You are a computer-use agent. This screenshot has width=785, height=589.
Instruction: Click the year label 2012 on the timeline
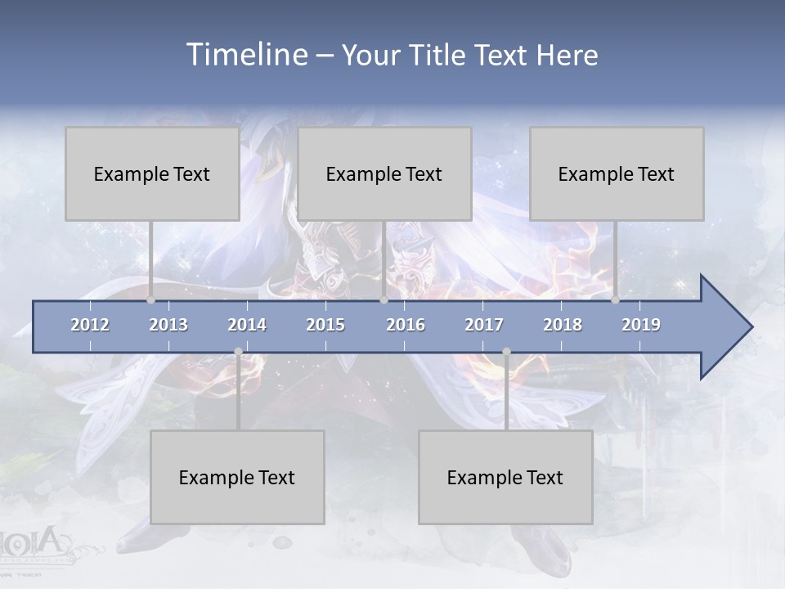tap(90, 325)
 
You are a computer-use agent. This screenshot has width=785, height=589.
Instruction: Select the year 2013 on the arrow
tap(168, 325)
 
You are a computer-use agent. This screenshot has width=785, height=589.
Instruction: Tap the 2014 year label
tap(247, 325)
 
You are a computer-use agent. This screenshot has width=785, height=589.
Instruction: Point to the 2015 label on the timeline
tap(325, 325)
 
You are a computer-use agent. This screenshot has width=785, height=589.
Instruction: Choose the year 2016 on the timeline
tap(406, 325)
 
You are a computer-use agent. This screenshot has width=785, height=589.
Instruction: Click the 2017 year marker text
tap(484, 325)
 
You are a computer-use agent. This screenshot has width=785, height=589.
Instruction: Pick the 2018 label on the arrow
tap(563, 325)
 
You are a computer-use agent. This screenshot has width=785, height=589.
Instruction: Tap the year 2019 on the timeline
tap(641, 325)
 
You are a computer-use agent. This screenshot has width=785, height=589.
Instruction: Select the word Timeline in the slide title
tap(245, 55)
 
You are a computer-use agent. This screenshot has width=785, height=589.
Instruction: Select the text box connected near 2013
tap(152, 173)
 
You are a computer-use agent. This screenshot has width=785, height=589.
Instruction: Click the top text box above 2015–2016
tap(384, 173)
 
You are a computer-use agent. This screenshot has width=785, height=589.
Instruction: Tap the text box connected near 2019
tap(617, 173)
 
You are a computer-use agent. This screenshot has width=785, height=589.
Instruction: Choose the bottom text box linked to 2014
tap(237, 477)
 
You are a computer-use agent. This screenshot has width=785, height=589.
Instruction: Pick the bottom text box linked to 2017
tap(505, 477)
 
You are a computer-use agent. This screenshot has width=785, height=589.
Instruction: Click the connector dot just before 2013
tap(151, 300)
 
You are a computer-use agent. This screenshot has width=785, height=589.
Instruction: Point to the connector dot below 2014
tap(238, 352)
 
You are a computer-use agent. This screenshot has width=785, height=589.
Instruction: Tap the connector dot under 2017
tap(506, 352)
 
